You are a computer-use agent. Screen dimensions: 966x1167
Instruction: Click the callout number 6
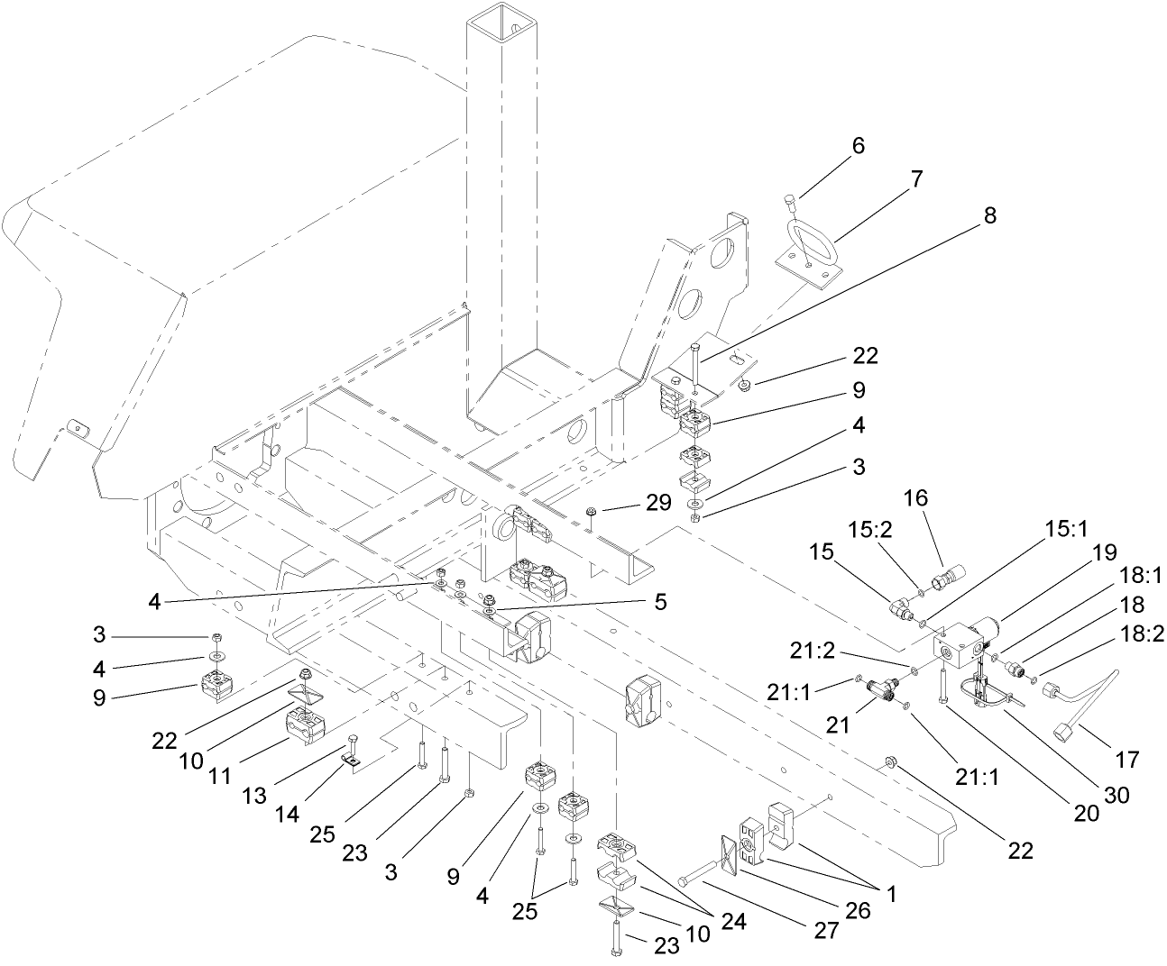(x=858, y=146)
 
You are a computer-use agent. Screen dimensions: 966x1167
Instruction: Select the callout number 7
(x=916, y=178)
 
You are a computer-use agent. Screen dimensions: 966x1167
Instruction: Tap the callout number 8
(x=989, y=216)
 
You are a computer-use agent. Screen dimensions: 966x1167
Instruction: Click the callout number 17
(x=1126, y=760)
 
